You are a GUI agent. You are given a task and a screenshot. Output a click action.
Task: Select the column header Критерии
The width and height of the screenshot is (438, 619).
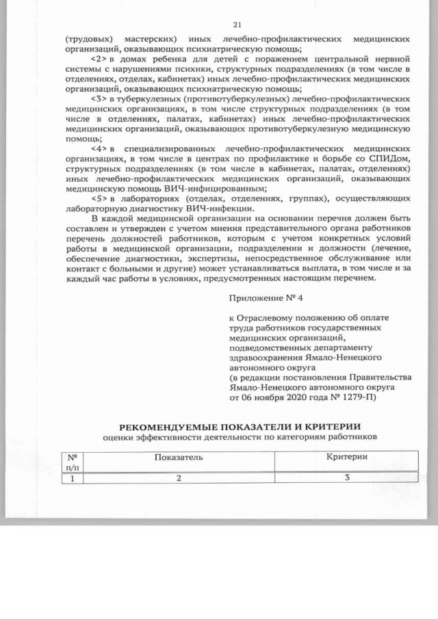point(347,456)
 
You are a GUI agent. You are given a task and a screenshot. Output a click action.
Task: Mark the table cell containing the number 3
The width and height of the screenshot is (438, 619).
point(347,478)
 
